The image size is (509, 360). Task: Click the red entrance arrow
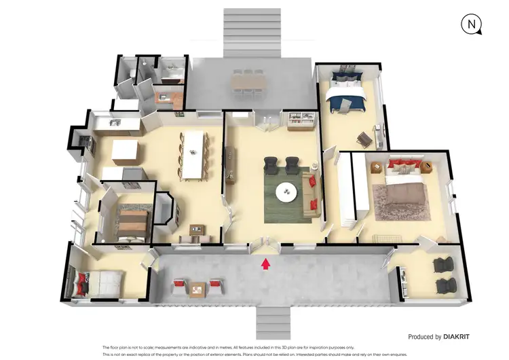point(265,262)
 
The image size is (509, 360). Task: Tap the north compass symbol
point(470,25)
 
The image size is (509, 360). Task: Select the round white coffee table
point(288,193)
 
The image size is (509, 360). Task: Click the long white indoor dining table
point(195,152)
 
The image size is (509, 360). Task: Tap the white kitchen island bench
point(126,150)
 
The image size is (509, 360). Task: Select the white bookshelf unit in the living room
point(300,120)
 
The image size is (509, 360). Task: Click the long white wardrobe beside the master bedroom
point(346,190)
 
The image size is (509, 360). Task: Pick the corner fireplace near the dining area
point(166,209)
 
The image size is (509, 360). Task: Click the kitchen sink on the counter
point(113,123)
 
